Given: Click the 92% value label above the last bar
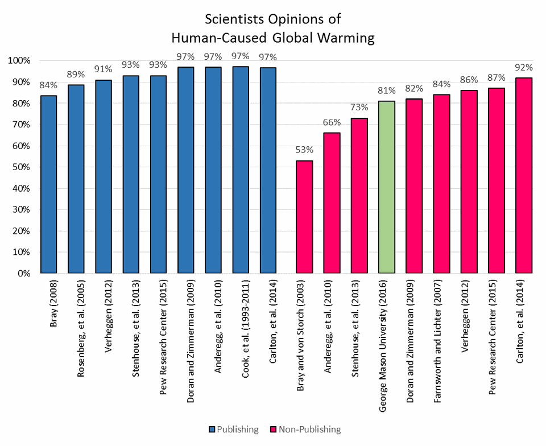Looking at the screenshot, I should click(x=524, y=67).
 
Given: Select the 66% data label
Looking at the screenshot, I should click(x=332, y=122).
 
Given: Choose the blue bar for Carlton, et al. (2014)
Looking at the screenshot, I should click(x=268, y=171).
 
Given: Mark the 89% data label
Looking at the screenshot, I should click(x=76, y=75).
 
